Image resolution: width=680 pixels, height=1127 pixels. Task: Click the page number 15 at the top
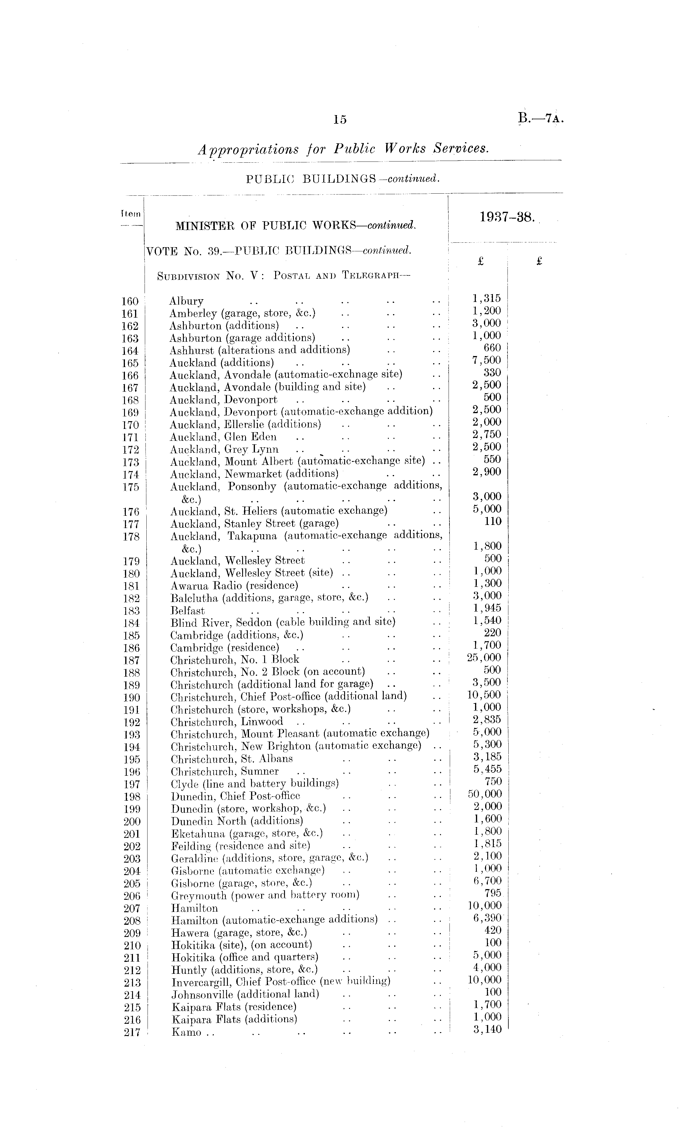click(x=340, y=120)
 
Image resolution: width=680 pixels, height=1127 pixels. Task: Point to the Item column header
click(x=131, y=213)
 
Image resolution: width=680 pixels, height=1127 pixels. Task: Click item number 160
click(x=130, y=301)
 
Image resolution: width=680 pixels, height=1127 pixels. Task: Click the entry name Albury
click(x=186, y=301)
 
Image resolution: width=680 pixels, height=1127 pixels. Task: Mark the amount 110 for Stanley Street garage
click(x=493, y=521)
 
